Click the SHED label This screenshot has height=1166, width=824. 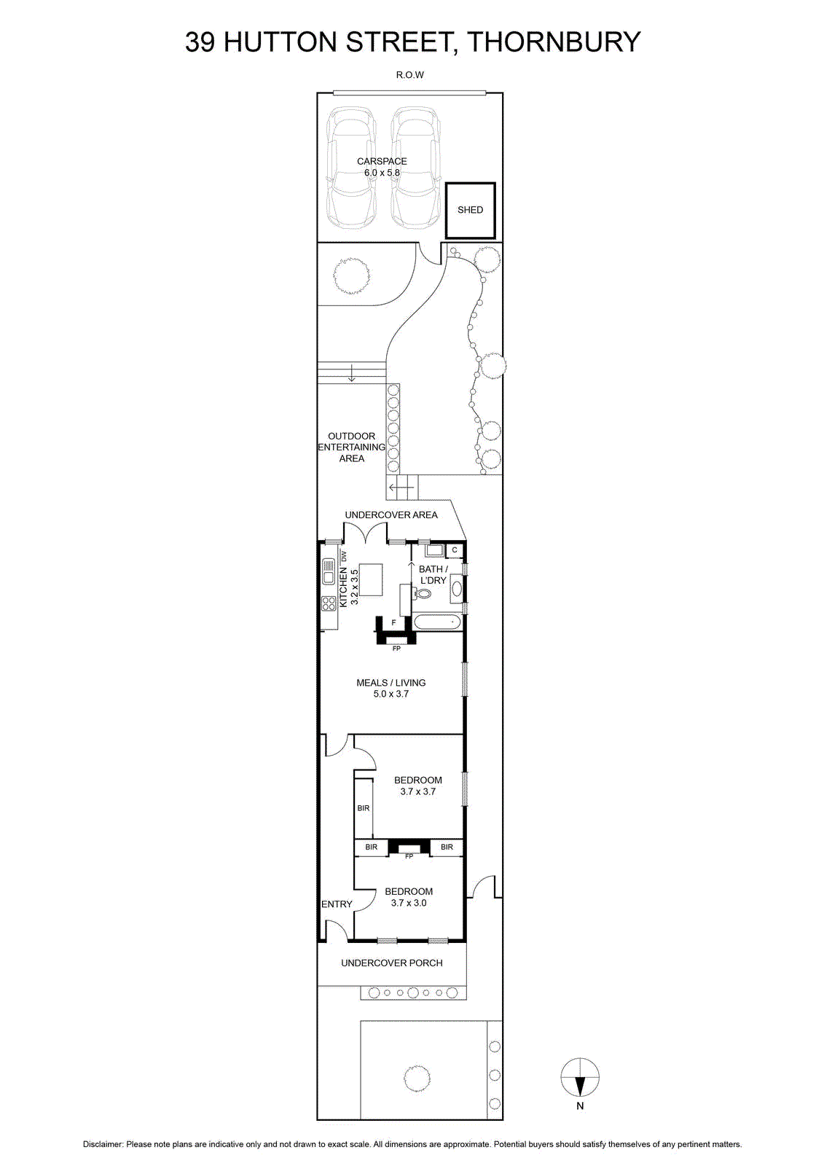tap(470, 210)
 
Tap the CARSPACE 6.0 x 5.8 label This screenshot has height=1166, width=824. tap(382, 167)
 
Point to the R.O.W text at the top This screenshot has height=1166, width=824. tap(410, 75)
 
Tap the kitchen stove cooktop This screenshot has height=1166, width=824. tap(329, 603)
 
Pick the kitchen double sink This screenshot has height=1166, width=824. tap(329, 571)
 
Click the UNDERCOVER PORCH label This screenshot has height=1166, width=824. tap(391, 963)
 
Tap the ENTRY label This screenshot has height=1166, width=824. tap(337, 904)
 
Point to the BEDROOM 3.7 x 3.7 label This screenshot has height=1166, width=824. tap(418, 786)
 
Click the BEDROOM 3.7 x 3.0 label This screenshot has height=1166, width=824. tap(409, 897)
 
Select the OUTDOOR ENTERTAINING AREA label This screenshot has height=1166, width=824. tap(352, 447)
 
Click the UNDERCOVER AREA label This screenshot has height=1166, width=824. tap(391, 514)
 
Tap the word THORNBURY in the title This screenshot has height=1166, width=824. tap(554, 42)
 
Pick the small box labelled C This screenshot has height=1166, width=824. tap(455, 549)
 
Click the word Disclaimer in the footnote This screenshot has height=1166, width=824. tap(103, 1144)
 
